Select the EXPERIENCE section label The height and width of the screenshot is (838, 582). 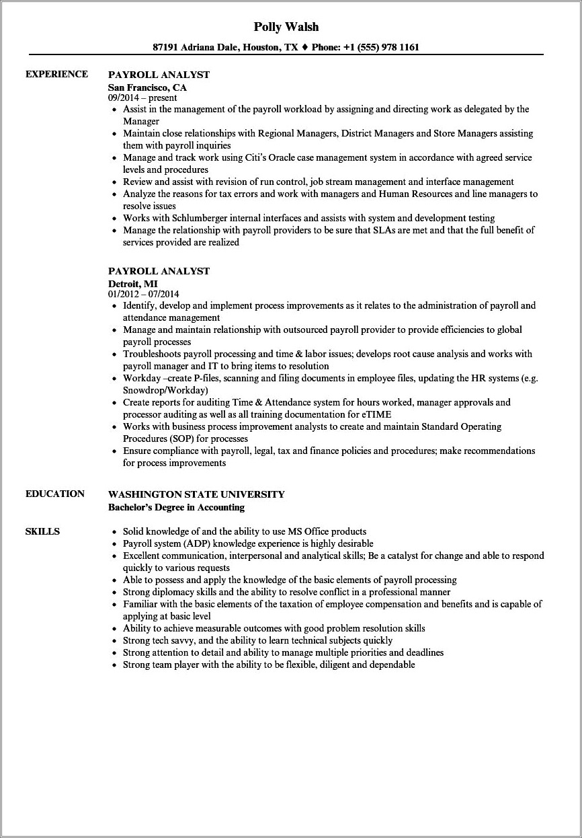click(56, 74)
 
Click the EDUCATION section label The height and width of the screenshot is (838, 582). click(55, 494)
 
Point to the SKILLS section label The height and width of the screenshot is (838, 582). click(42, 531)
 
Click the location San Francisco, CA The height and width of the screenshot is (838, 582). click(147, 87)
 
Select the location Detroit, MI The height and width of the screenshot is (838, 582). click(132, 284)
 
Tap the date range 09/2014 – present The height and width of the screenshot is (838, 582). click(142, 98)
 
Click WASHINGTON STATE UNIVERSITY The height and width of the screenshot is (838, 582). click(196, 494)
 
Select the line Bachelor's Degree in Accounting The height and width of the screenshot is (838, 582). click(176, 507)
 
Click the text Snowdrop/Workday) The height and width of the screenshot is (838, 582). click(165, 390)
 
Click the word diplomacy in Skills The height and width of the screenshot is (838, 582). click(171, 592)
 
